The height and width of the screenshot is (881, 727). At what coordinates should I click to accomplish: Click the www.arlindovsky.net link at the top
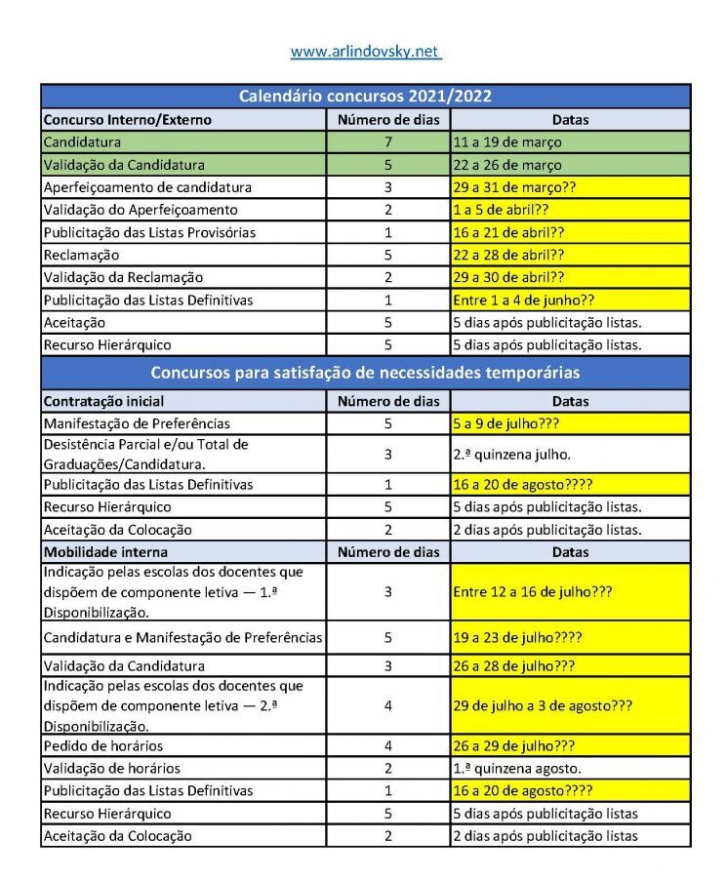pyautogui.click(x=365, y=51)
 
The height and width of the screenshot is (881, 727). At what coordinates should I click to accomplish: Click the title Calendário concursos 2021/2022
pyautogui.click(x=365, y=97)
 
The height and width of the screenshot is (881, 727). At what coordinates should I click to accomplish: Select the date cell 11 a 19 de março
pyautogui.click(x=506, y=142)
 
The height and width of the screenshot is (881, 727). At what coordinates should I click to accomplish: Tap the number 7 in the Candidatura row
pyautogui.click(x=387, y=142)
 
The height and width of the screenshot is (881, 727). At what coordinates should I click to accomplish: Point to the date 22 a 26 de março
pyautogui.click(x=506, y=165)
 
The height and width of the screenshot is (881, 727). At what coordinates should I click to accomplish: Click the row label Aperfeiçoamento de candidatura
pyautogui.click(x=147, y=187)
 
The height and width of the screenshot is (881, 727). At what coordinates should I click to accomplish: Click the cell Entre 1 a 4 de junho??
pyautogui.click(x=523, y=300)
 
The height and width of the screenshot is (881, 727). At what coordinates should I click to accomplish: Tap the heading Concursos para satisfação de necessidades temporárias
pyautogui.click(x=365, y=373)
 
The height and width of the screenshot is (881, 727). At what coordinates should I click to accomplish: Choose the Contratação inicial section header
pyautogui.click(x=103, y=401)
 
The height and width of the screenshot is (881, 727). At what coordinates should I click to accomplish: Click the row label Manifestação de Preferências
pyautogui.click(x=137, y=423)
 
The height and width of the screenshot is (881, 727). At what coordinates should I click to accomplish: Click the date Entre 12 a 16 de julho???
pyautogui.click(x=532, y=592)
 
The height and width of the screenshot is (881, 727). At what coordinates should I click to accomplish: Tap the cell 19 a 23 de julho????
pyautogui.click(x=517, y=638)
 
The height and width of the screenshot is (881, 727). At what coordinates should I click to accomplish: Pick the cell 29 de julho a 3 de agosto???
pyautogui.click(x=543, y=705)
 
